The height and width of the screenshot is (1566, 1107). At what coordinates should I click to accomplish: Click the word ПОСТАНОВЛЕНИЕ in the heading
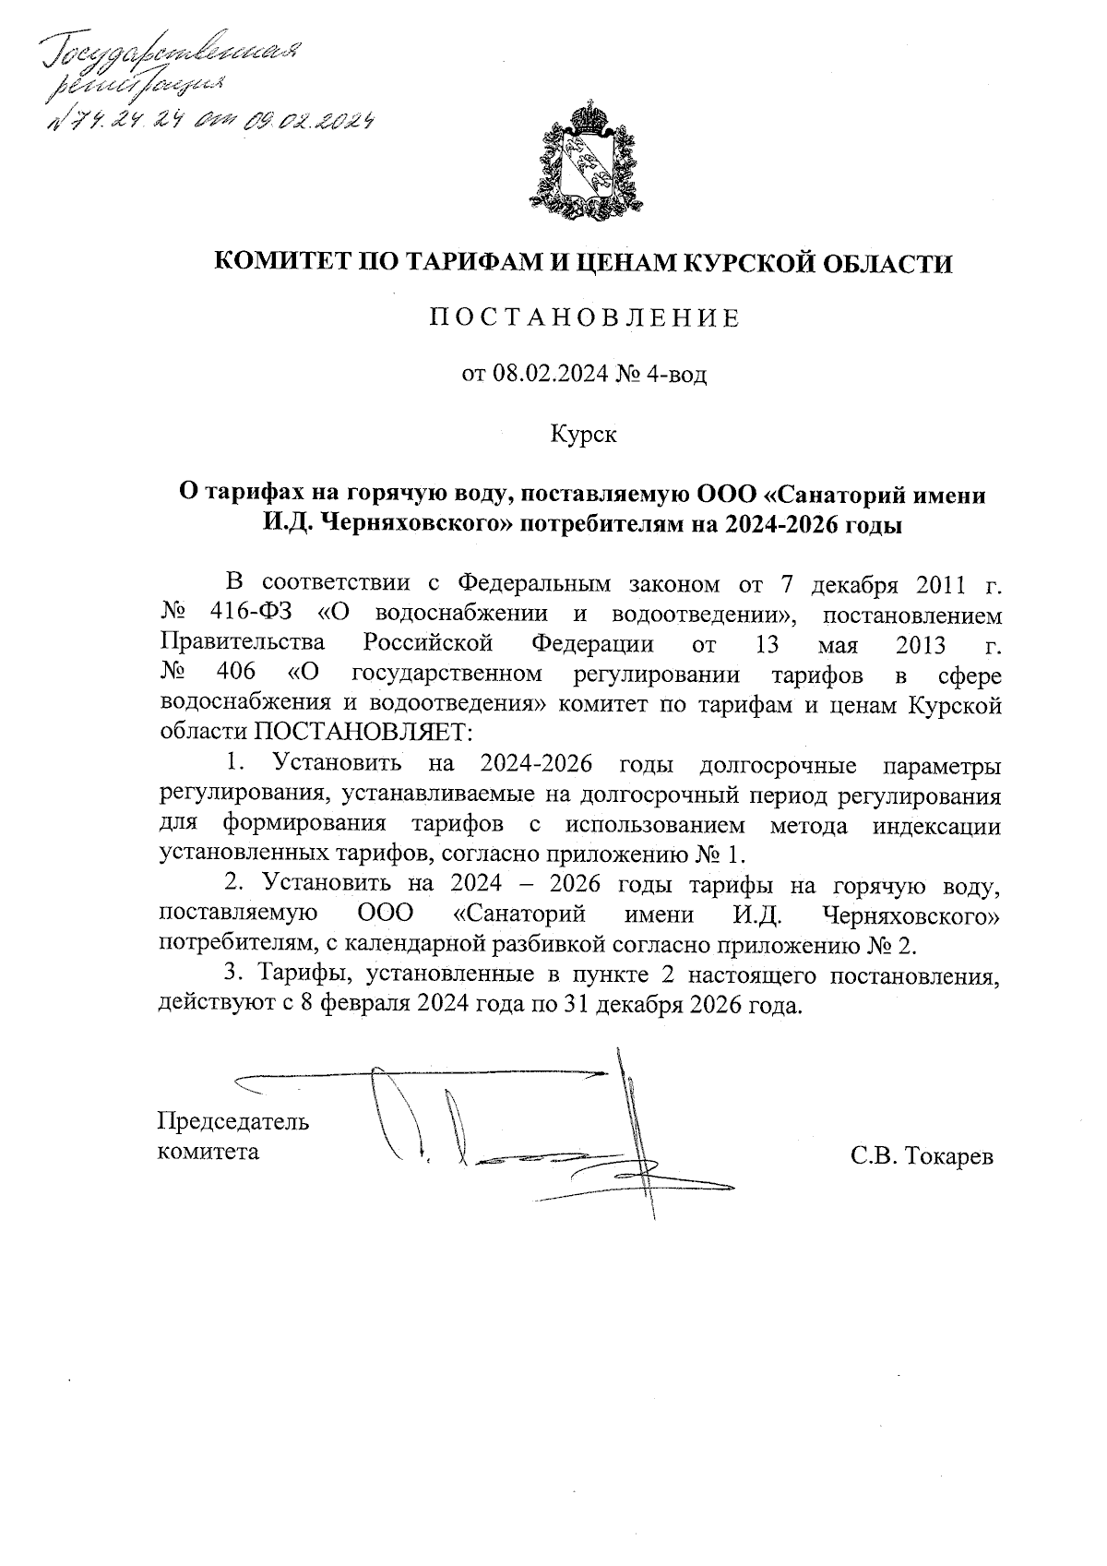[584, 319]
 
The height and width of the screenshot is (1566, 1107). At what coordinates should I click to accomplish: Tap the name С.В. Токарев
[922, 1155]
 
